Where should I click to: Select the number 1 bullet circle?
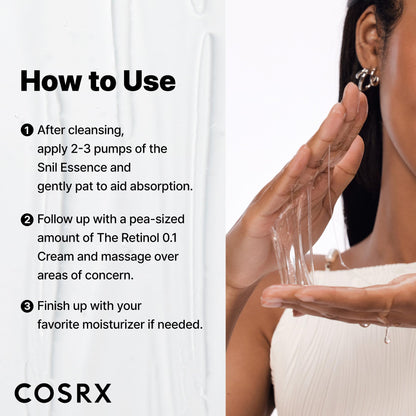point(26,130)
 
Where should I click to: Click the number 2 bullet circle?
point(26,218)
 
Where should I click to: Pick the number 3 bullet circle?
point(26,305)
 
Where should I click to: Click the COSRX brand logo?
point(62,393)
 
